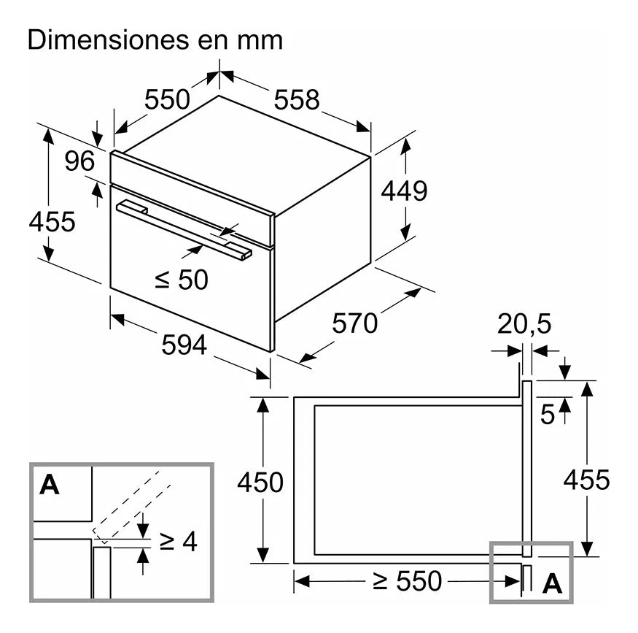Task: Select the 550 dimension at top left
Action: (166, 99)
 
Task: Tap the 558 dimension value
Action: (297, 99)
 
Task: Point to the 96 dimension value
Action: (79, 161)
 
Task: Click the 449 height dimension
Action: (404, 191)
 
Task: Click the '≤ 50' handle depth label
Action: (182, 279)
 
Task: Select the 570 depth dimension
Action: (355, 322)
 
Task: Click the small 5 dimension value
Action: (548, 415)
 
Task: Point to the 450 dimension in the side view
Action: (260, 483)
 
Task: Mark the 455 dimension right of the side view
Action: (586, 480)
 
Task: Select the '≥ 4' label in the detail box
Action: (178, 542)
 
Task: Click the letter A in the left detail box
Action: (50, 485)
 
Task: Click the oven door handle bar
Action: (182, 229)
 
